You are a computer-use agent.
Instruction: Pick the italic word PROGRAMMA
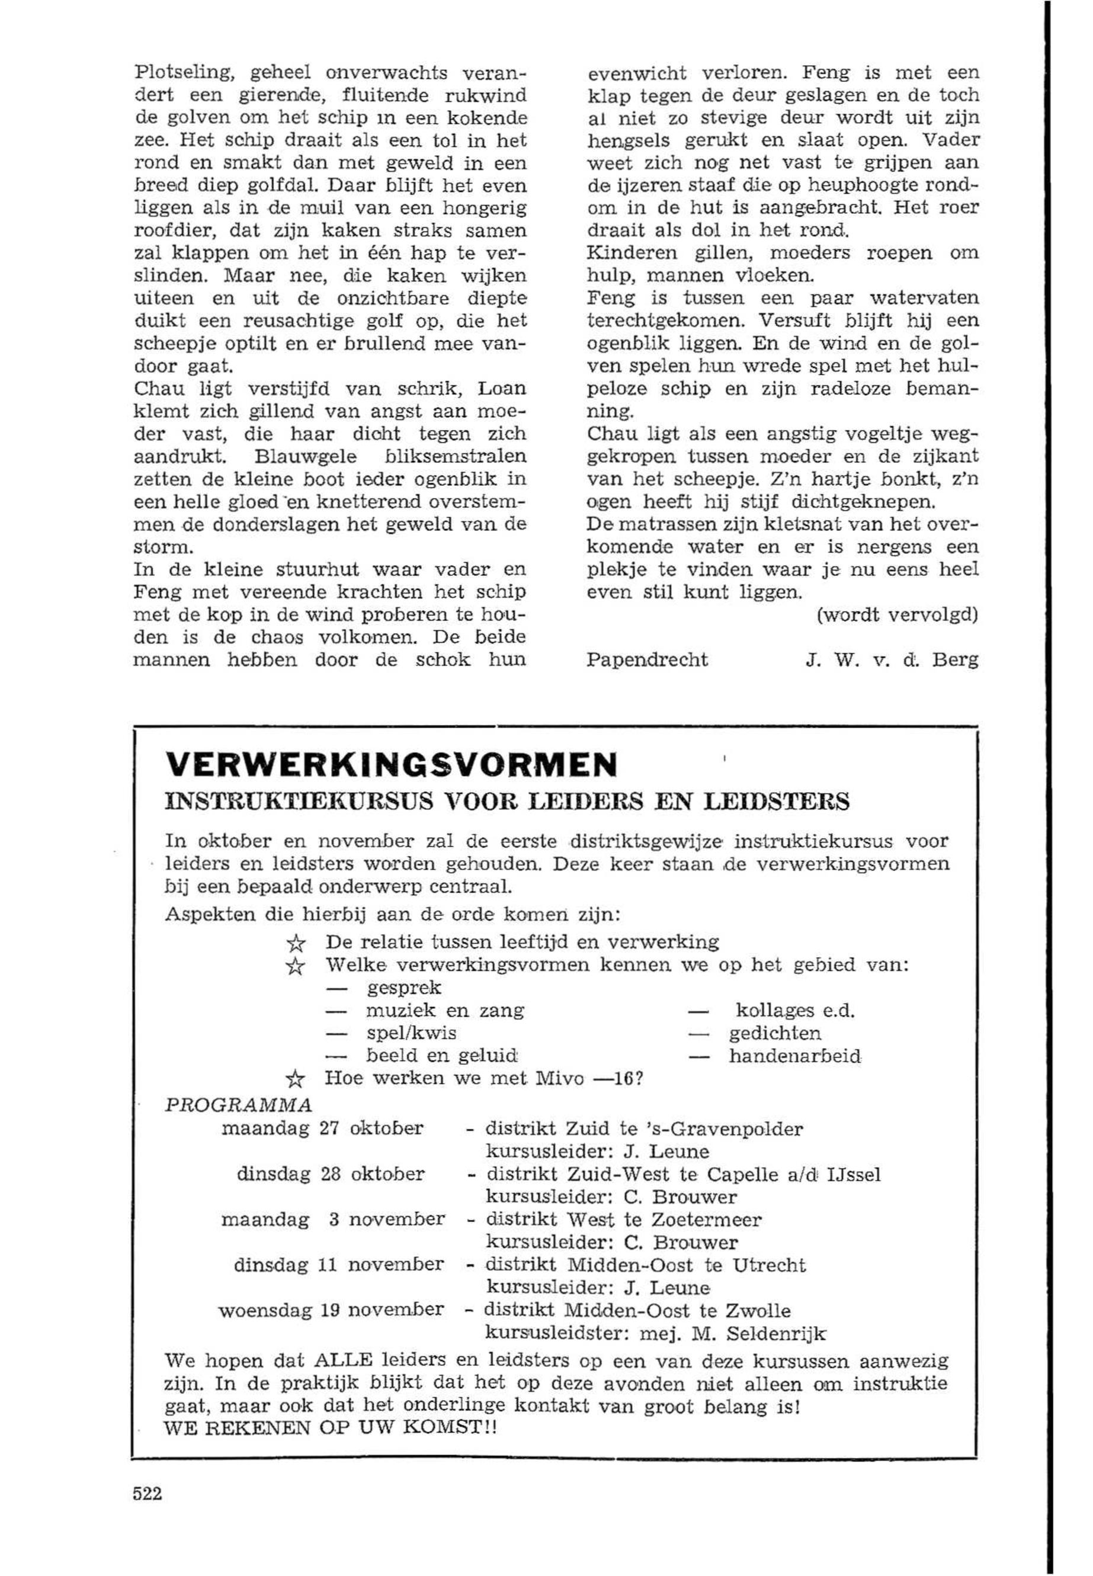pyautogui.click(x=239, y=1105)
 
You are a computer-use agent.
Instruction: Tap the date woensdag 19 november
pyautogui.click(x=331, y=1310)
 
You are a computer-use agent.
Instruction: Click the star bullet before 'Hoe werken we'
pyautogui.click(x=294, y=1080)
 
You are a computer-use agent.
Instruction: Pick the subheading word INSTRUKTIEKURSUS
pyautogui.click(x=299, y=800)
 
